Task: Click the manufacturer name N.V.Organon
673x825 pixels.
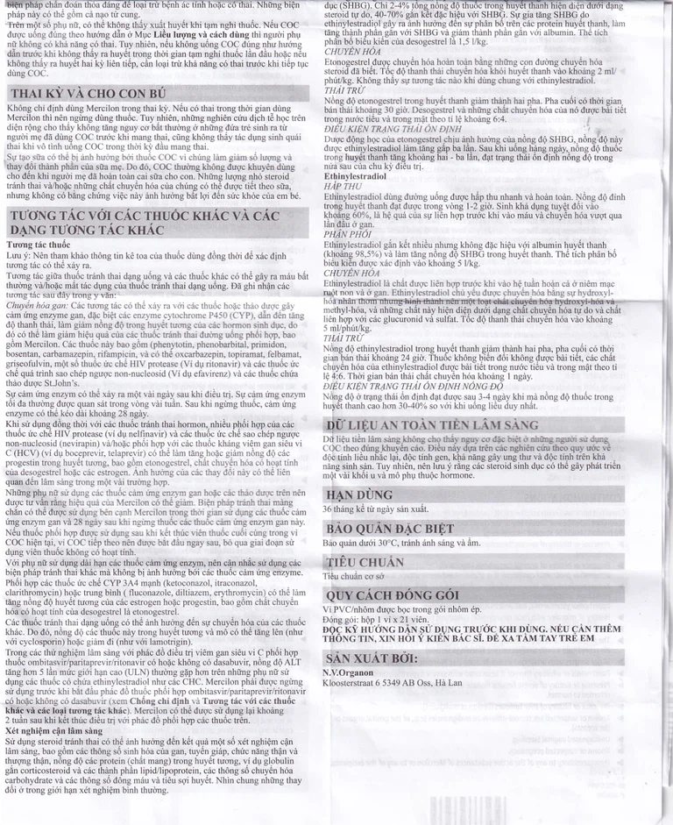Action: click(349, 672)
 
